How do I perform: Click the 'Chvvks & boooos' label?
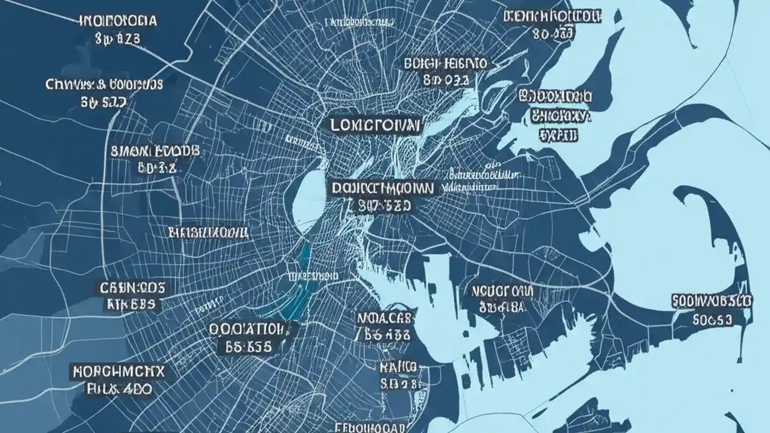tap(103, 85)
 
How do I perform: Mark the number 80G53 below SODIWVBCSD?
tap(712, 319)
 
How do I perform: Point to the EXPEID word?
tap(558, 135)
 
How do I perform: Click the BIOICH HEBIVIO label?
tap(446, 63)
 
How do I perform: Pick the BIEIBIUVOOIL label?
tap(208, 232)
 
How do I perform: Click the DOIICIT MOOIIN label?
tap(381, 188)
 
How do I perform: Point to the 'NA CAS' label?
tap(386, 317)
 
